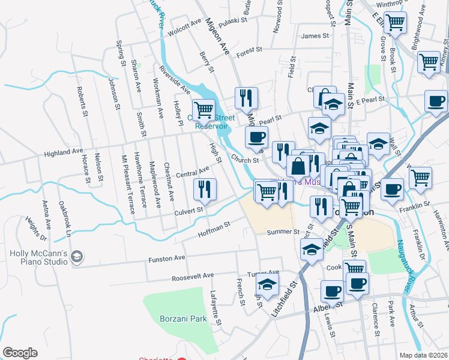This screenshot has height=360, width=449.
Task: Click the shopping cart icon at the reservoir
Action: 205,109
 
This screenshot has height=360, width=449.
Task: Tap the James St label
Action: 315,36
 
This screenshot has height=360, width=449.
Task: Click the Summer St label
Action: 283,232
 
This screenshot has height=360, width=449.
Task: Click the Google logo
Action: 20,353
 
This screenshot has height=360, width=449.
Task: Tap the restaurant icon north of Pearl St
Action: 246,97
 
